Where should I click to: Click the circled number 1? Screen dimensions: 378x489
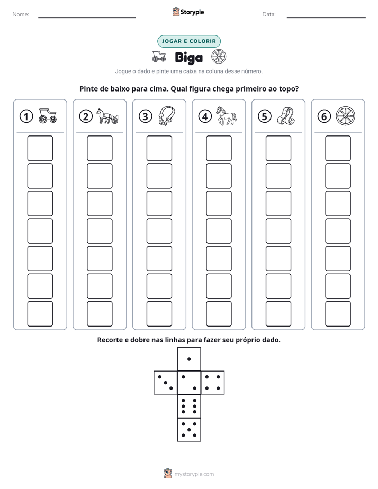[x=26, y=116]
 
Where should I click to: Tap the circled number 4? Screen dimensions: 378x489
[x=205, y=116]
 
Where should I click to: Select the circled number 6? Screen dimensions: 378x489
[x=324, y=116]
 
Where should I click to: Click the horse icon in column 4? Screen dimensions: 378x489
[x=227, y=116]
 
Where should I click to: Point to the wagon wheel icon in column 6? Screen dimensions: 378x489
[x=346, y=116]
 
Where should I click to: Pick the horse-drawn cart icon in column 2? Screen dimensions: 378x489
[x=107, y=116]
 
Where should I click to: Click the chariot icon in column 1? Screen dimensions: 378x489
[x=48, y=116]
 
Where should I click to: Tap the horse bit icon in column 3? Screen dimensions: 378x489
[x=167, y=116]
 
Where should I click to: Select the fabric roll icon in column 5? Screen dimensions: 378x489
[x=286, y=116]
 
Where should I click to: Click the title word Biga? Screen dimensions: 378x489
[x=188, y=57]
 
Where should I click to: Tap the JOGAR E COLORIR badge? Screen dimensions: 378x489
[x=189, y=41]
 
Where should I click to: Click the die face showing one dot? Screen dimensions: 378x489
[x=189, y=359]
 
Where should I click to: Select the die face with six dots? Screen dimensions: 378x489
[x=189, y=406]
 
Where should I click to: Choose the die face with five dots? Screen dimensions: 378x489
[x=189, y=430]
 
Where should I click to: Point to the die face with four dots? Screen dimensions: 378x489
[x=213, y=383]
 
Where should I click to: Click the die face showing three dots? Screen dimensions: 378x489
[x=166, y=383]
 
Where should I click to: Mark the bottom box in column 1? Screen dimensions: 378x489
[x=40, y=314]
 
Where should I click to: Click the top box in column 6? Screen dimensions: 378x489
[x=338, y=148]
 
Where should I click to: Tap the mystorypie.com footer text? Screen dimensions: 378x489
[x=194, y=474]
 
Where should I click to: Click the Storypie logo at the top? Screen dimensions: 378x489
[x=188, y=12]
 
